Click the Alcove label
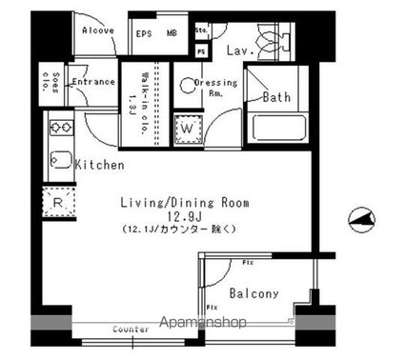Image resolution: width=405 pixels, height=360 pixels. [98, 30]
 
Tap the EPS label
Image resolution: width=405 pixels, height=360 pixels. [145, 34]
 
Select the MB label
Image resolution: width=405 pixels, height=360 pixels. [172, 34]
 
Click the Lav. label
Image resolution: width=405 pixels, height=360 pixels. [238, 50]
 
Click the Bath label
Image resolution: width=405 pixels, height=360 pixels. [276, 97]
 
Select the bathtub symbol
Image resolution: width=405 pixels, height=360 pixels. [277, 125]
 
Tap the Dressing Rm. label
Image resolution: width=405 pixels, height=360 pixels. [215, 88]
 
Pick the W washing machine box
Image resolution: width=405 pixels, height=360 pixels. [187, 128]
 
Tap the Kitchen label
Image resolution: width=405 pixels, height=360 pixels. [100, 166]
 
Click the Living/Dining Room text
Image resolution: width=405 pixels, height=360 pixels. [184, 203]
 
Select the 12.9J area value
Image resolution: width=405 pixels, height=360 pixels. [184, 217]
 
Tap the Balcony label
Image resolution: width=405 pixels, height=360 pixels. [255, 294]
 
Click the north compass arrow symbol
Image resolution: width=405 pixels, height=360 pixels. [361, 219]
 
